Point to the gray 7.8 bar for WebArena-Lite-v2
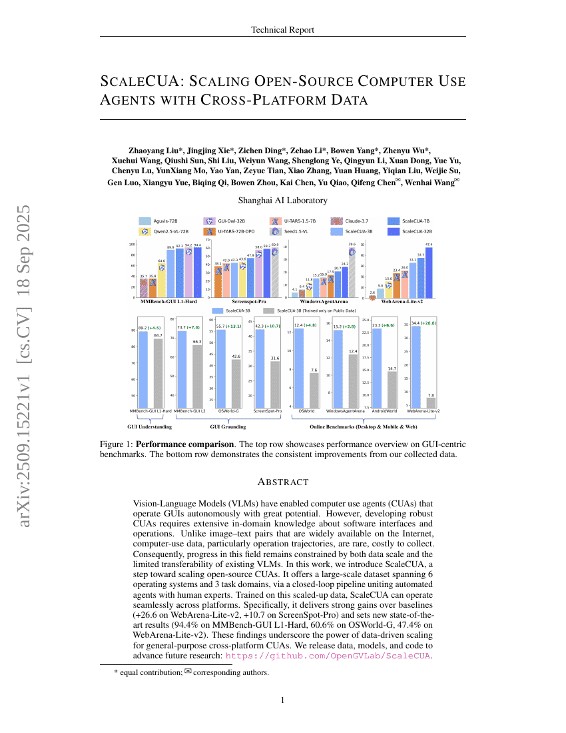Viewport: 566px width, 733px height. point(431,402)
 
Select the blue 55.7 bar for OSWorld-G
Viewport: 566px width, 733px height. point(222,368)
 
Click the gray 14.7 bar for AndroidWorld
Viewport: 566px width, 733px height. point(392,389)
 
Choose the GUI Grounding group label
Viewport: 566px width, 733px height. point(228,426)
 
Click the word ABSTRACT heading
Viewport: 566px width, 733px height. point(282,482)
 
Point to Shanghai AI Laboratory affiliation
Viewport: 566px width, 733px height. point(282,200)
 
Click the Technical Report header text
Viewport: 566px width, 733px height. point(282,29)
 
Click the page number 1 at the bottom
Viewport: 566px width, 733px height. point(282,700)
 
